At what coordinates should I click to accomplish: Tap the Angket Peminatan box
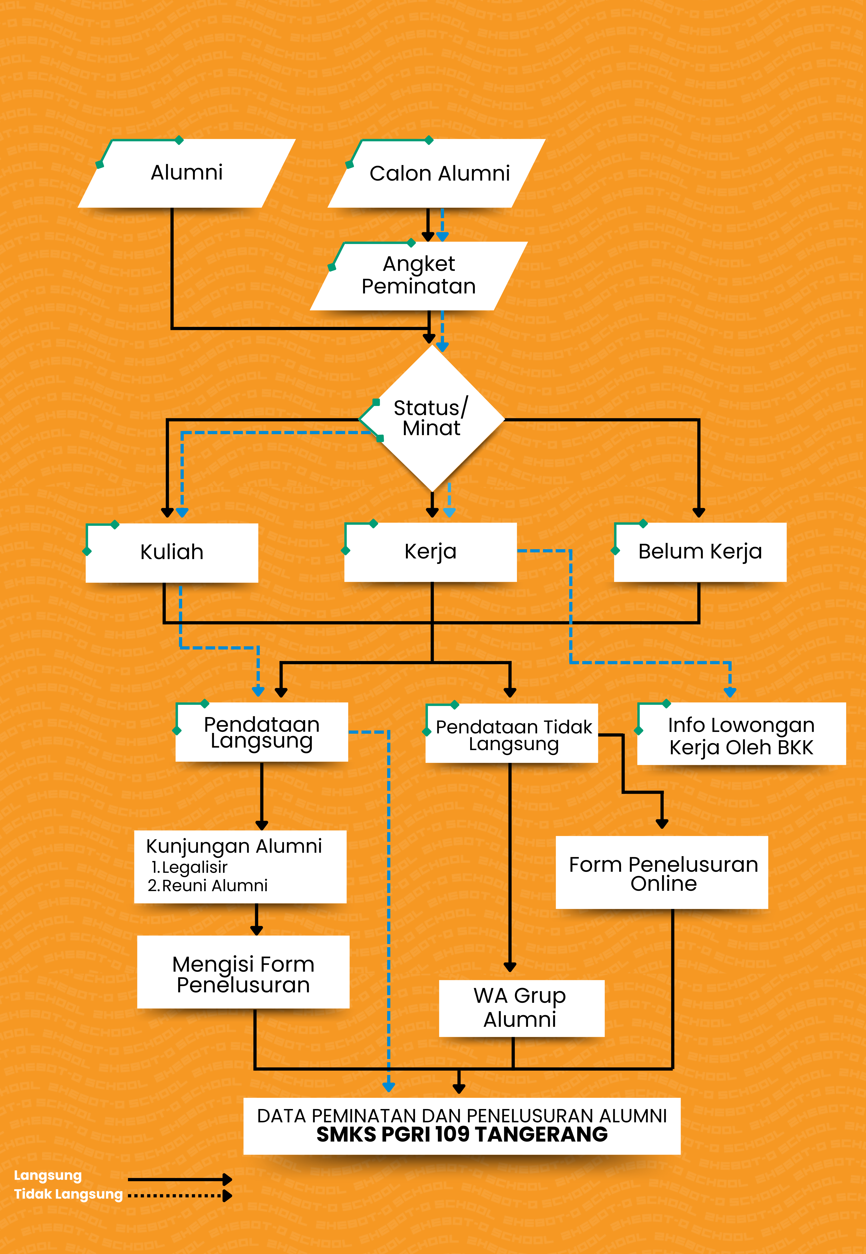[419, 275]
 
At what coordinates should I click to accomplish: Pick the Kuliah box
[171, 552]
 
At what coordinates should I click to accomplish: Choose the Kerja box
[430, 552]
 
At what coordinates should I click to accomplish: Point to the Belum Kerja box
[700, 552]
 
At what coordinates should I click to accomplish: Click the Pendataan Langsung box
[261, 732]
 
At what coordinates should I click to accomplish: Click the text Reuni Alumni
[215, 886]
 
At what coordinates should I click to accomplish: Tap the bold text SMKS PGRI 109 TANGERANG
[462, 1135]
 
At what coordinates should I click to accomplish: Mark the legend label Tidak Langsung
[68, 1194]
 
